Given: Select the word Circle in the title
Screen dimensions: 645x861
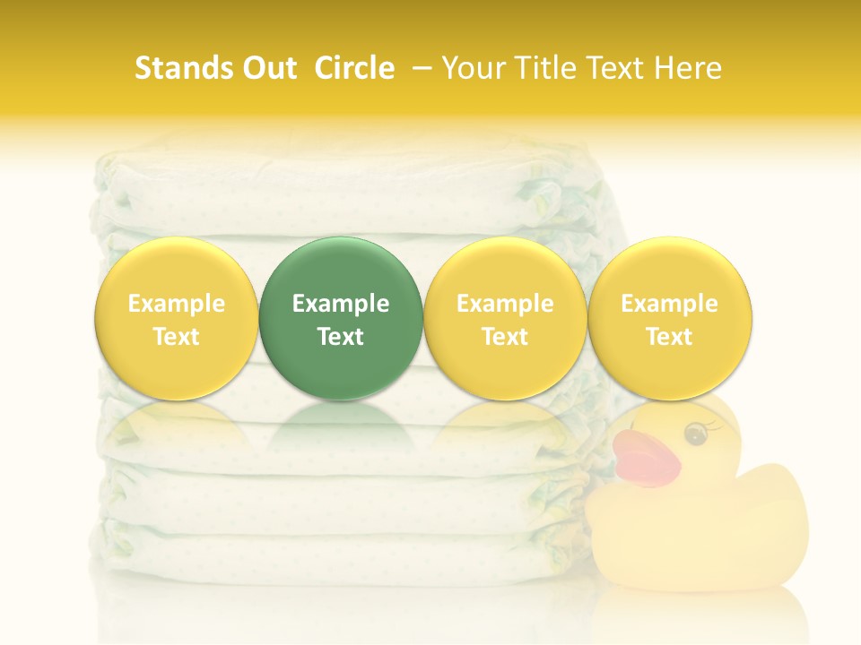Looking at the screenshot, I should coord(354,68).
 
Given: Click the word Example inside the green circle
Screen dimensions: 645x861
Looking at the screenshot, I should coord(341,304).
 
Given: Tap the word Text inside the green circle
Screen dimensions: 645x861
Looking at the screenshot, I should coord(341,337).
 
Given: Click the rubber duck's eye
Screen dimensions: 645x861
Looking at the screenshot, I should coord(694,434).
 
